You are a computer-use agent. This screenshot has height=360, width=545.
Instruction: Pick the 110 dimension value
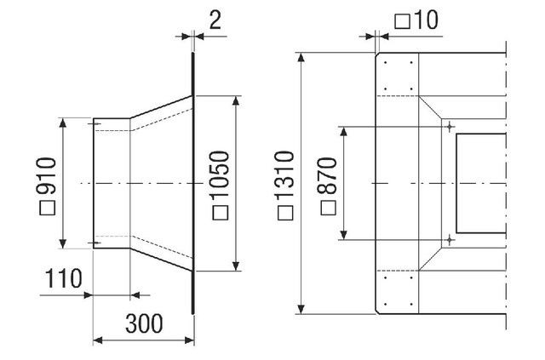click(65, 278)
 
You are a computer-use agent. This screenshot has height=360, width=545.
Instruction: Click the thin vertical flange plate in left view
click(194, 183)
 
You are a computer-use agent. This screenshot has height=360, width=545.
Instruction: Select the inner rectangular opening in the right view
click(481, 183)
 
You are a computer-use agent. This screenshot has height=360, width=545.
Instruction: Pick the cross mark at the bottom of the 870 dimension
click(449, 241)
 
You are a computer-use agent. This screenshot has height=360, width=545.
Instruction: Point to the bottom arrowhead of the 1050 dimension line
click(236, 267)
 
